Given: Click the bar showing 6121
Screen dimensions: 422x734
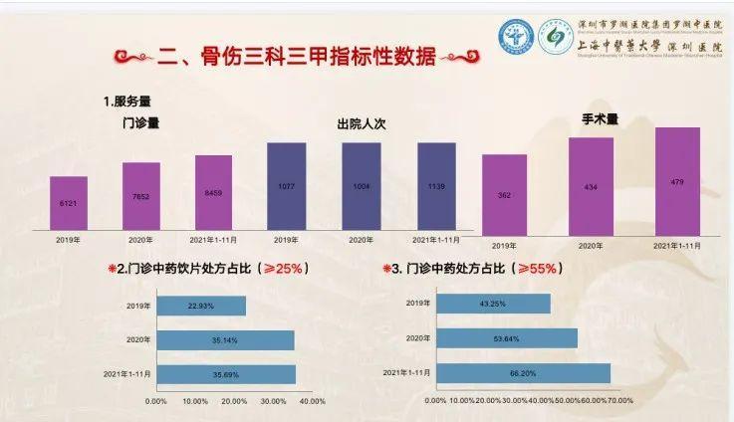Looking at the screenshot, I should click(x=69, y=202).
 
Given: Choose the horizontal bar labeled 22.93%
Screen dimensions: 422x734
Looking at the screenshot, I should click(x=201, y=306).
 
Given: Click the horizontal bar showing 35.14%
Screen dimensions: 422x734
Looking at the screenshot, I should click(x=225, y=340).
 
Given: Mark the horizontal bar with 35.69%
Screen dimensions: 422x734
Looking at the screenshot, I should click(x=226, y=374).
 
